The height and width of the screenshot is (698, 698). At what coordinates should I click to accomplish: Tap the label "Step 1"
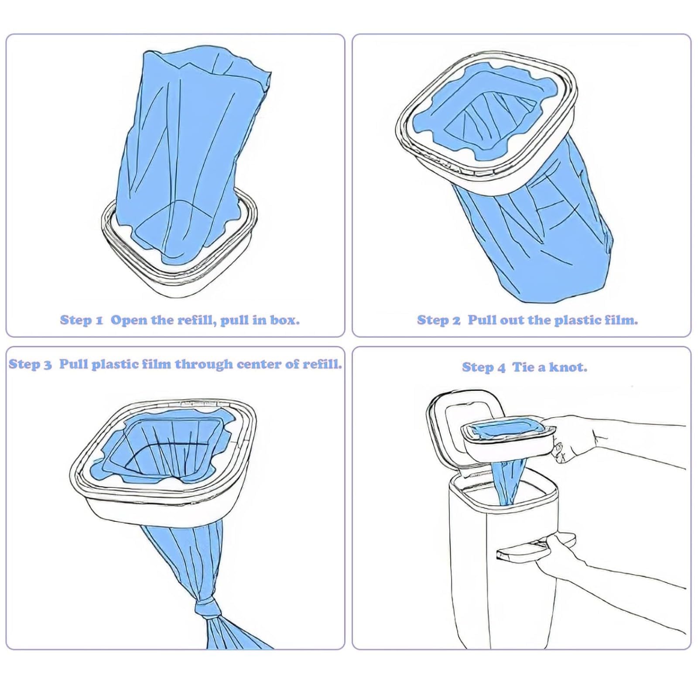pos(81,320)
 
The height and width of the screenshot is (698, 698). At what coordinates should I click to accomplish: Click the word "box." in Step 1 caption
pos(285,320)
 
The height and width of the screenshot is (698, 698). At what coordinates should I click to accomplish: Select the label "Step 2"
pos(438,320)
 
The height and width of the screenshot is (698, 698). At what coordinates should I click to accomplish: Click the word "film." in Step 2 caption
pos(621,320)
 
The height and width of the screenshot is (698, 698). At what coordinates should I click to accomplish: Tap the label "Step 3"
pos(30,364)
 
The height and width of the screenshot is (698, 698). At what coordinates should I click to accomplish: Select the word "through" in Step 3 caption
pos(204,364)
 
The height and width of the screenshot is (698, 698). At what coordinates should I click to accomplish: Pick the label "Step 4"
pos(483,367)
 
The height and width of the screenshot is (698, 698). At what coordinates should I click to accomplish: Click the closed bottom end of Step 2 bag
pos(541,292)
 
